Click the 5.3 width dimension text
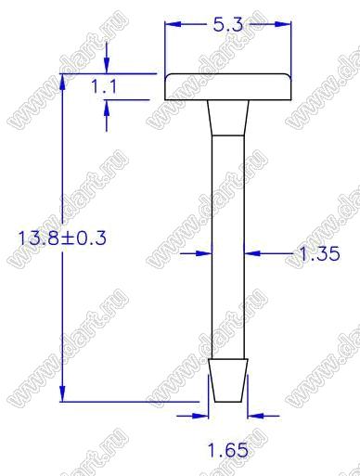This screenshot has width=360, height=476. pos(227,24)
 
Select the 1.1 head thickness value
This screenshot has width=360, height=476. pos(104,86)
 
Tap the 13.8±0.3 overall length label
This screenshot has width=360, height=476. pos(62,238)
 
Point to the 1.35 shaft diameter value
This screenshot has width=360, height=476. pos(319,253)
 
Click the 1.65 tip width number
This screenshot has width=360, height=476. pos(227,450)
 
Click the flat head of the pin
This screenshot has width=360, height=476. pos(228,87)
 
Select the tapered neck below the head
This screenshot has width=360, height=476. pos(228,118)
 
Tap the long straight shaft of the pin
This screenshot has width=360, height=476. pos(228,248)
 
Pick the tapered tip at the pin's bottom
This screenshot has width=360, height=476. pos(228,380)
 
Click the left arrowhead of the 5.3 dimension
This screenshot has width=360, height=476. pos(173,24)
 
